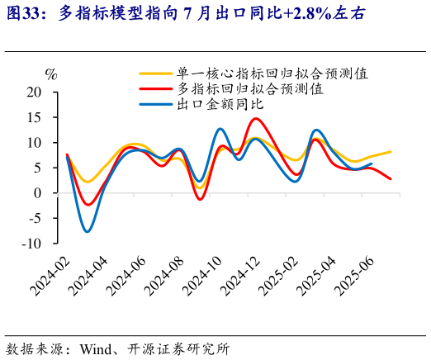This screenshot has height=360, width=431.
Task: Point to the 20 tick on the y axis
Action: click(x=33, y=92)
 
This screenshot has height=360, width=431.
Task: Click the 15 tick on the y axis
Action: click(x=33, y=118)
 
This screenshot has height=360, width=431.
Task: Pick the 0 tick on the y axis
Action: click(x=36, y=193)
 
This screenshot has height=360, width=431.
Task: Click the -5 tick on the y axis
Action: click(x=33, y=219)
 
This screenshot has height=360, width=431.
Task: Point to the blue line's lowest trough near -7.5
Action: click(x=88, y=231)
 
